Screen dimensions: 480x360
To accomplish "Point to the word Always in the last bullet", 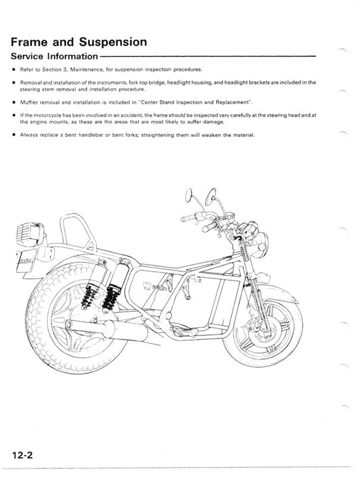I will pyautogui.click(x=30, y=135).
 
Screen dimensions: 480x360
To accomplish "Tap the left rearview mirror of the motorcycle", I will pyautogui.click(x=188, y=194).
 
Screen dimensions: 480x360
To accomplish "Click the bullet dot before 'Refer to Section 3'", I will pyautogui.click(x=12, y=70).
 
